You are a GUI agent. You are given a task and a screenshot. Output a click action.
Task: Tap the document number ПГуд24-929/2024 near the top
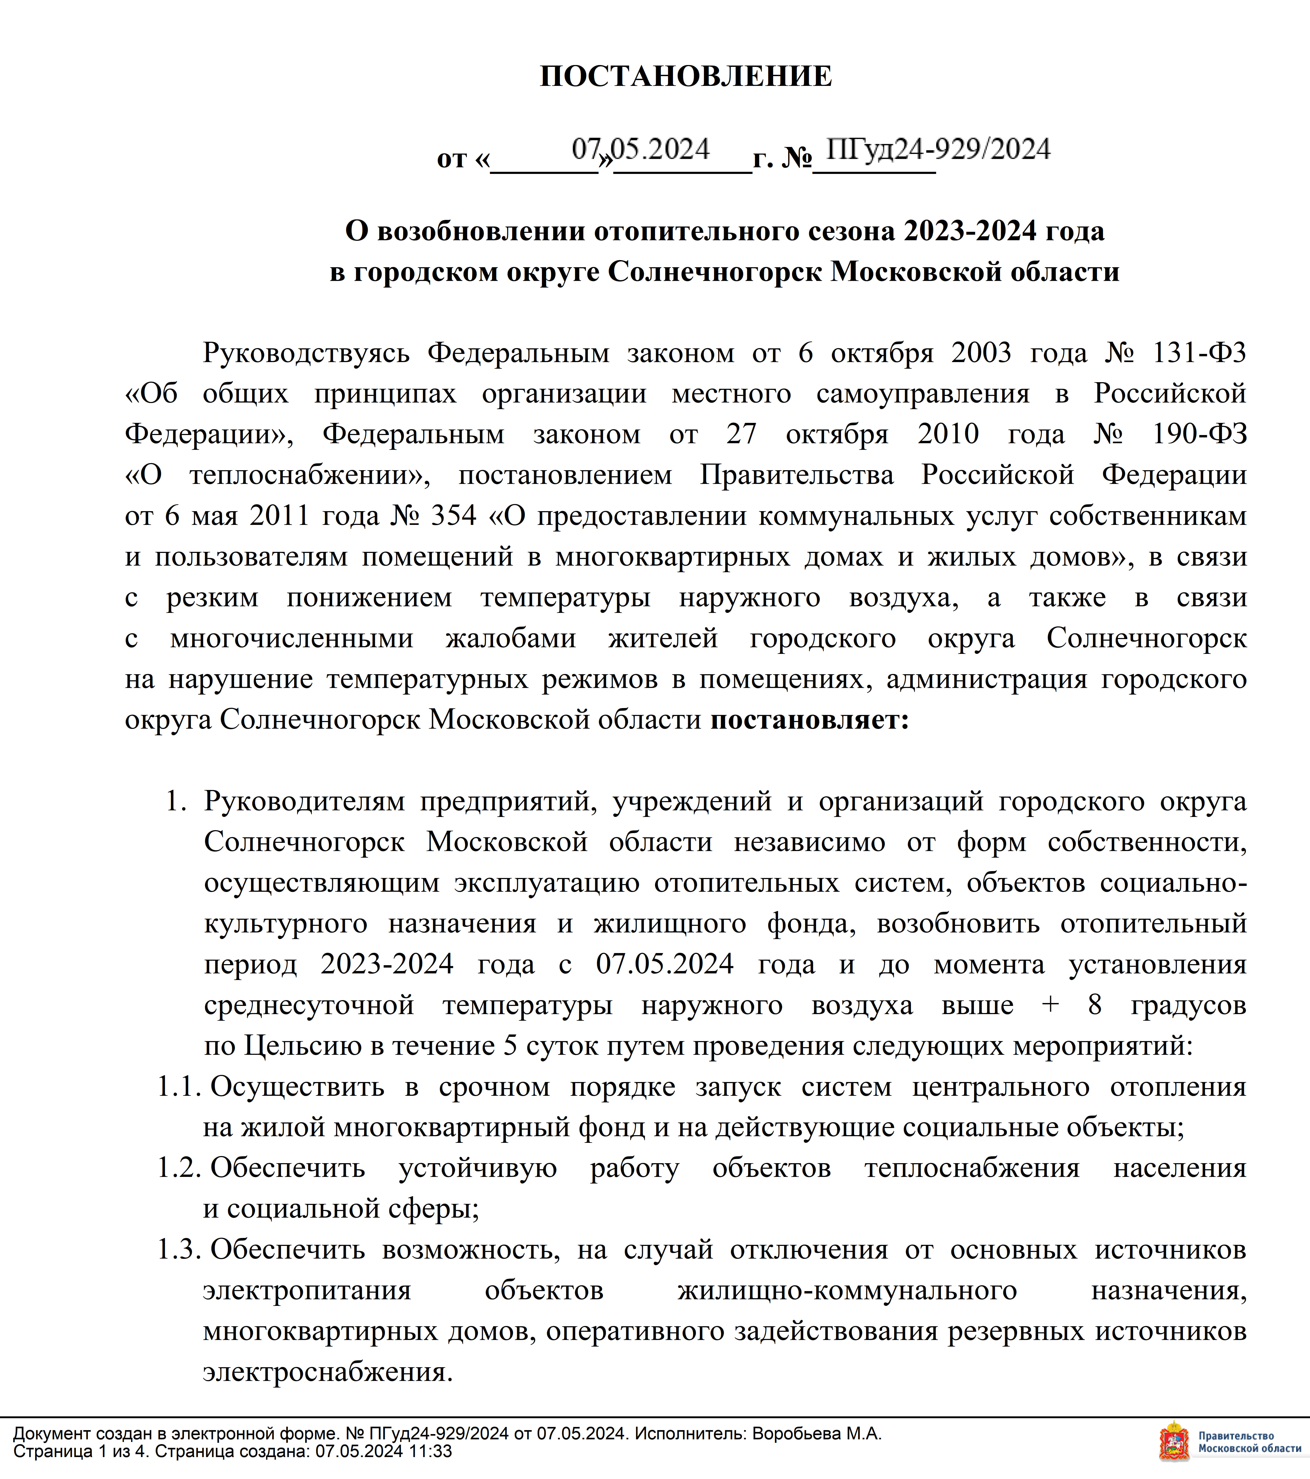tap(937, 150)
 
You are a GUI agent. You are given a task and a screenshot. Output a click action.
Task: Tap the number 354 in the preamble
tap(454, 516)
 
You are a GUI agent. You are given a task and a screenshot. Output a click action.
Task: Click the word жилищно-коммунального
tap(847, 1290)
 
